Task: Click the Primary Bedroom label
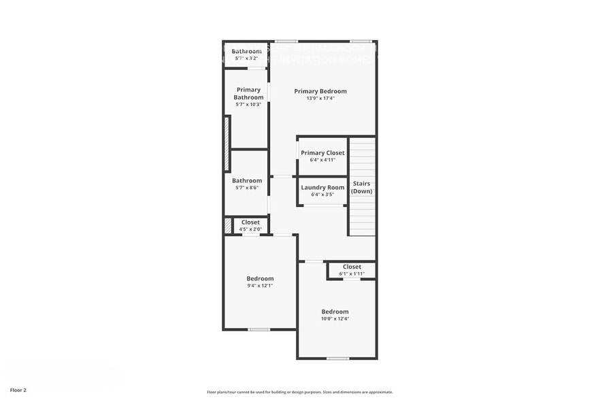(x=320, y=91)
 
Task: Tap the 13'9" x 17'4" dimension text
(x=320, y=99)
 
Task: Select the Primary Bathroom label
(x=248, y=93)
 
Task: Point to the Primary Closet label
(x=322, y=153)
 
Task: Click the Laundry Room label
(x=322, y=188)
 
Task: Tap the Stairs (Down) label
(x=362, y=187)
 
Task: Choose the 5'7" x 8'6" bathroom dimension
(x=246, y=188)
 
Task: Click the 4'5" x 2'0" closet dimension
(x=250, y=229)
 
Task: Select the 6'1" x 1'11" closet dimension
(x=352, y=273)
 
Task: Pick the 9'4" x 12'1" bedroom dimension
(x=260, y=286)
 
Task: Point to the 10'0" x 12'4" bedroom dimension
(x=335, y=318)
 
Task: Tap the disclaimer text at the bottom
(x=299, y=392)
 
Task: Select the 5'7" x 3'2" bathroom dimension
(x=246, y=59)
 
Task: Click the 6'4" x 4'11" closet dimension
(x=322, y=160)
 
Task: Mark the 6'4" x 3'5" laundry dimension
(x=322, y=195)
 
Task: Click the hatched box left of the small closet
(x=228, y=225)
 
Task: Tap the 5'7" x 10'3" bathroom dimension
(x=248, y=104)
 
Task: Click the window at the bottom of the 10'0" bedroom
(x=337, y=358)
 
